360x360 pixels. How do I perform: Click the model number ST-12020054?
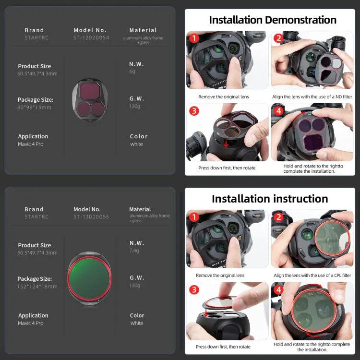(x=91, y=37)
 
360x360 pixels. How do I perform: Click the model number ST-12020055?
(x=91, y=216)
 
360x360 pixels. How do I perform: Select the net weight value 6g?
(x=132, y=71)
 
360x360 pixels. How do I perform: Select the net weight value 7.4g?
(x=135, y=251)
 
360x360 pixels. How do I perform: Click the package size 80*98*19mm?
(x=34, y=108)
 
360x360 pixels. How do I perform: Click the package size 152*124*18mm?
(x=37, y=287)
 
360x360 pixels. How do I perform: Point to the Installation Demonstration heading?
(x=273, y=20)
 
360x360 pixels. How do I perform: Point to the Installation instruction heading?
(x=270, y=199)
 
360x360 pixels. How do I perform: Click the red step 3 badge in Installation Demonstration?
(x=193, y=111)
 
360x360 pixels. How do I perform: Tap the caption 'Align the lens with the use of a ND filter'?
(x=312, y=96)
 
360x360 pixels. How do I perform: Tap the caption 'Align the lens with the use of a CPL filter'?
(x=312, y=276)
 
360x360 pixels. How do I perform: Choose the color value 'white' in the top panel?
(x=137, y=144)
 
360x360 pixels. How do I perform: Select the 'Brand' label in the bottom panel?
(x=34, y=209)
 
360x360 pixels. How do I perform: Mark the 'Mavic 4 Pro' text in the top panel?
(x=31, y=144)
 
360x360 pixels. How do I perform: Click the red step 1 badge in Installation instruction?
(x=193, y=217)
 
